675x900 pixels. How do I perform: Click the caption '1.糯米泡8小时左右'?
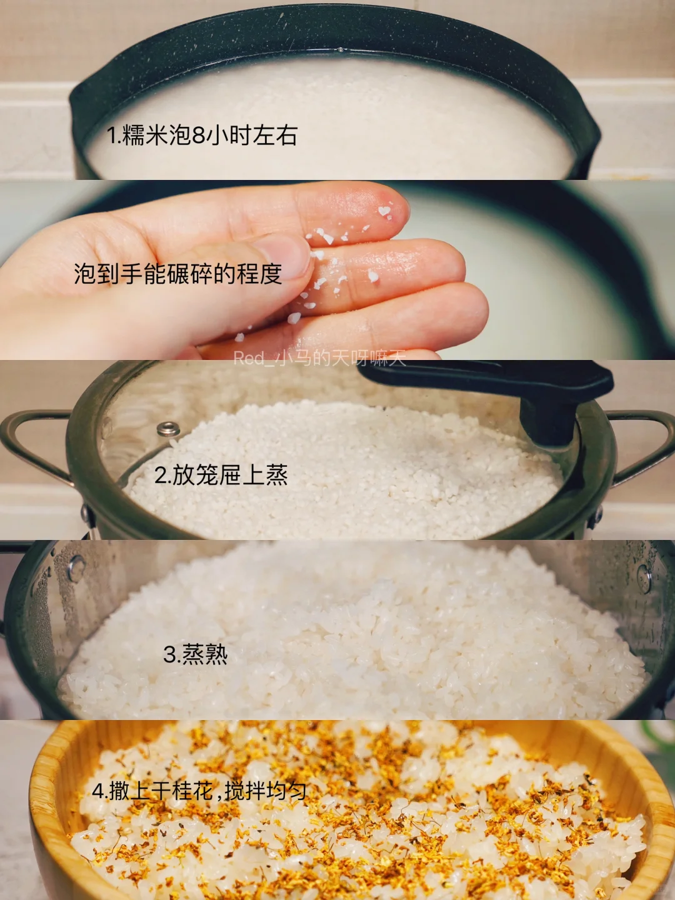202,136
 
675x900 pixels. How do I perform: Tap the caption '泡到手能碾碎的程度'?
178,274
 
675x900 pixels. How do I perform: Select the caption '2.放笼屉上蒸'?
221,475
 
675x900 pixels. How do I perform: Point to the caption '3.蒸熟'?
195,654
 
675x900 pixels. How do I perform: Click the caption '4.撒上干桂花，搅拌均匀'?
199,790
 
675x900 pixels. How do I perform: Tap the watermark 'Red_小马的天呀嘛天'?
319,358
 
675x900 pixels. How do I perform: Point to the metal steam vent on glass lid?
169,429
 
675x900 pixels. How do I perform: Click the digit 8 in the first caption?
198,136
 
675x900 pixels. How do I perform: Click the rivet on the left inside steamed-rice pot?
76,567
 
